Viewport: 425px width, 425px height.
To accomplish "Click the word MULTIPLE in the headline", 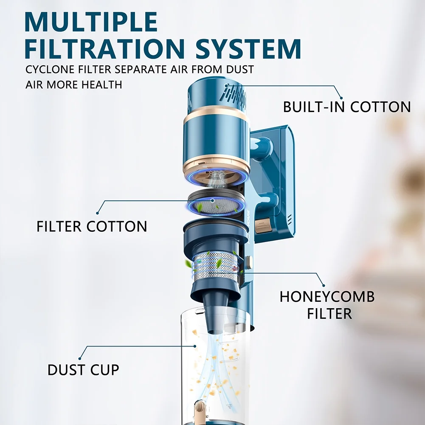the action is click(91, 22).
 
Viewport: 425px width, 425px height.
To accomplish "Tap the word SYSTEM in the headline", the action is click(248, 49).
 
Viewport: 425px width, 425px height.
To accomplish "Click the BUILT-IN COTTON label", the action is click(347, 107).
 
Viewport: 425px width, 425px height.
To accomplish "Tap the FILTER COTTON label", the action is click(92, 226).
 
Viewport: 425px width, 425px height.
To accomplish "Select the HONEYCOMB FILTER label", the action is click(327, 305).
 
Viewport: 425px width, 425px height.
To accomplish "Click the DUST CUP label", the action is click(83, 370).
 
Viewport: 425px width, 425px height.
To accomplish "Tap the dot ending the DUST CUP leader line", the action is click(80, 359).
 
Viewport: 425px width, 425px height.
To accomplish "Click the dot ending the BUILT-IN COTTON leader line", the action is click(341, 98).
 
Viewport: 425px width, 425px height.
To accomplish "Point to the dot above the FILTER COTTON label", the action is click(98, 213).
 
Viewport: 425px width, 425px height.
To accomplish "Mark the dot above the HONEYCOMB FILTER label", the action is click(324, 285).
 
